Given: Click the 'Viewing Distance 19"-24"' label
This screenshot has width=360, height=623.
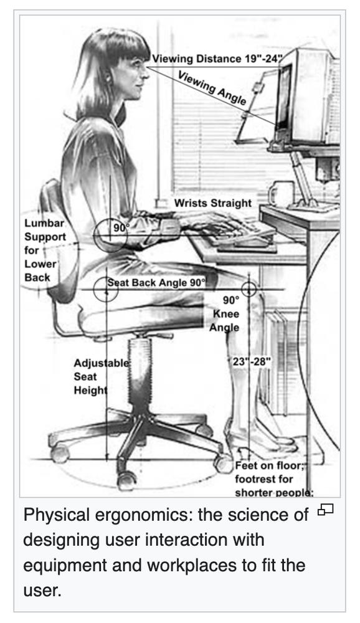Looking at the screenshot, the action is coord(217,59).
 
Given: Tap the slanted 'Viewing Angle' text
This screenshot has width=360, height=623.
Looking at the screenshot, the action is coord(212,87).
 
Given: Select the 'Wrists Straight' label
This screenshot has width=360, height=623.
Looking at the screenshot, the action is coord(212,203).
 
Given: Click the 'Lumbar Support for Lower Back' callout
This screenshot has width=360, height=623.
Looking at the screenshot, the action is coord(45,250).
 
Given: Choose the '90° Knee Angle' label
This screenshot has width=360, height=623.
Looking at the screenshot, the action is coord(225,314).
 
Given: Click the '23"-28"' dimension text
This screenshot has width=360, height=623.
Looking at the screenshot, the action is coord(252,362).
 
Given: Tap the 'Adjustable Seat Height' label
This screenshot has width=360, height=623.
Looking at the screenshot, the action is coord(102,377).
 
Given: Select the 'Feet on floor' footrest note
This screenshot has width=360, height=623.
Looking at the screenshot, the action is coord(274,478).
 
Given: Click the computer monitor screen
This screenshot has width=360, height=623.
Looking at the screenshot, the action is coord(284,97).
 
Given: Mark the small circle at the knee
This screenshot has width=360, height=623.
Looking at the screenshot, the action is coord(249,289).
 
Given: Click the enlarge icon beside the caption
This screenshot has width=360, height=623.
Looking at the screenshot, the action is coord(325,509).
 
